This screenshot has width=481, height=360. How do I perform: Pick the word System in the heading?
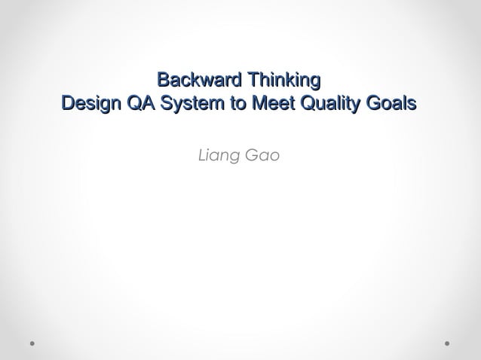pos(190,103)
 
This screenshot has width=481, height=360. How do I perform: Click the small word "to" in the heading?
pos(237,103)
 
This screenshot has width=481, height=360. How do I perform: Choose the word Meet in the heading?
pos(271,103)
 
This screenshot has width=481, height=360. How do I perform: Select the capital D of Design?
pos(67,103)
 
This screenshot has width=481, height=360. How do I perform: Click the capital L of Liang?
pos(200,157)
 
